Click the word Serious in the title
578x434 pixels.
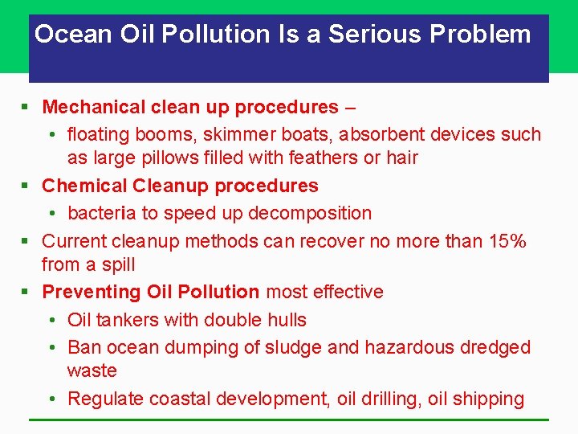(375, 35)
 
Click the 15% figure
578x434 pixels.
(507, 240)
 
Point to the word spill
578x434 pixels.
(117, 264)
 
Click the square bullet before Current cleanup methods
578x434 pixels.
(28, 241)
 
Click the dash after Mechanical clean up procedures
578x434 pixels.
(350, 107)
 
